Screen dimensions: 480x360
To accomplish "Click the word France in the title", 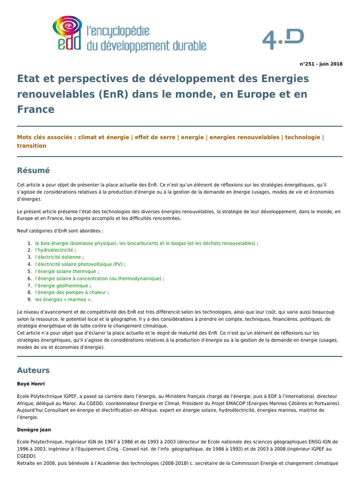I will tap(36, 109).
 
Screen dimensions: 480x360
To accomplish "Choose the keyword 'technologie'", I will tap(302, 137).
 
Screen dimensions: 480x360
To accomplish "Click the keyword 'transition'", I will tap(31, 146).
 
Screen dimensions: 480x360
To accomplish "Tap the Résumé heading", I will tap(33, 171).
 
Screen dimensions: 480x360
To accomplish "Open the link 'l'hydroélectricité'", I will tap(54, 250).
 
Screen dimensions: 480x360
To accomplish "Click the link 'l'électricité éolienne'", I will tap(58, 257).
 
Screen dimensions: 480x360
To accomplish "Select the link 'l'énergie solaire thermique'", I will tap(66, 271).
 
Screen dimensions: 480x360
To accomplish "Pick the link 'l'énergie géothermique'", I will tap(61, 285).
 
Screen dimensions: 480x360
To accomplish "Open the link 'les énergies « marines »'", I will tap(63, 300).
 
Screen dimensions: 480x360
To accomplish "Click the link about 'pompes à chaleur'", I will tap(71, 292).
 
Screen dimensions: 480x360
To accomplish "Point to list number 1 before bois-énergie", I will tap(30, 243).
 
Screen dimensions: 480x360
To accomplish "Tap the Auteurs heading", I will tap(33, 370).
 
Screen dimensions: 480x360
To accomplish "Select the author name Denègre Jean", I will tap(34, 429).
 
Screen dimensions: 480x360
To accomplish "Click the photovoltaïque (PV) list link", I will tap(78, 264).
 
